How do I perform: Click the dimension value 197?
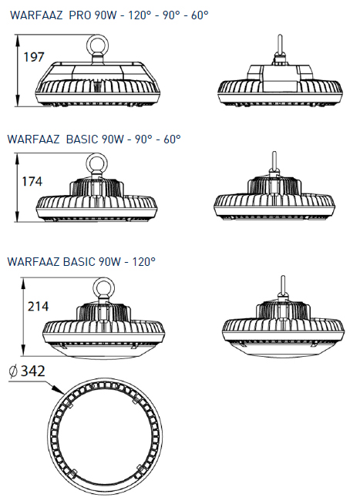click(34, 57)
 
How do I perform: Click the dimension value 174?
click(32, 182)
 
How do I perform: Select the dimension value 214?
click(38, 306)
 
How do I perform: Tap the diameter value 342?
click(33, 371)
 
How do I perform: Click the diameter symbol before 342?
click(13, 371)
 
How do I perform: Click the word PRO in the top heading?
click(80, 15)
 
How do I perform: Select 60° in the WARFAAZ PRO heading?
click(200, 15)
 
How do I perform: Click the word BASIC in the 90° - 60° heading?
click(82, 139)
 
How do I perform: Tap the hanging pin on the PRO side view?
click(280, 45)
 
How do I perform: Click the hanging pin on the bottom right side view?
click(283, 286)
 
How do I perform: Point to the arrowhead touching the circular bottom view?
click(59, 390)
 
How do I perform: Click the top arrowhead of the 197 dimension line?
click(18, 40)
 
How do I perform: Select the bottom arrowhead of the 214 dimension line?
click(23, 350)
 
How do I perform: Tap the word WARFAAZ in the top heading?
click(36, 15)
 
